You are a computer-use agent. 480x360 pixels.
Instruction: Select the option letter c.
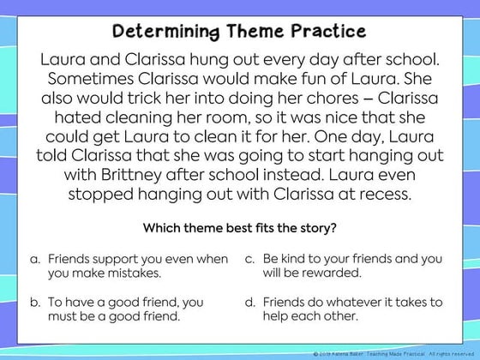249,259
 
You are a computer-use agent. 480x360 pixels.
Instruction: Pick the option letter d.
249,302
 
